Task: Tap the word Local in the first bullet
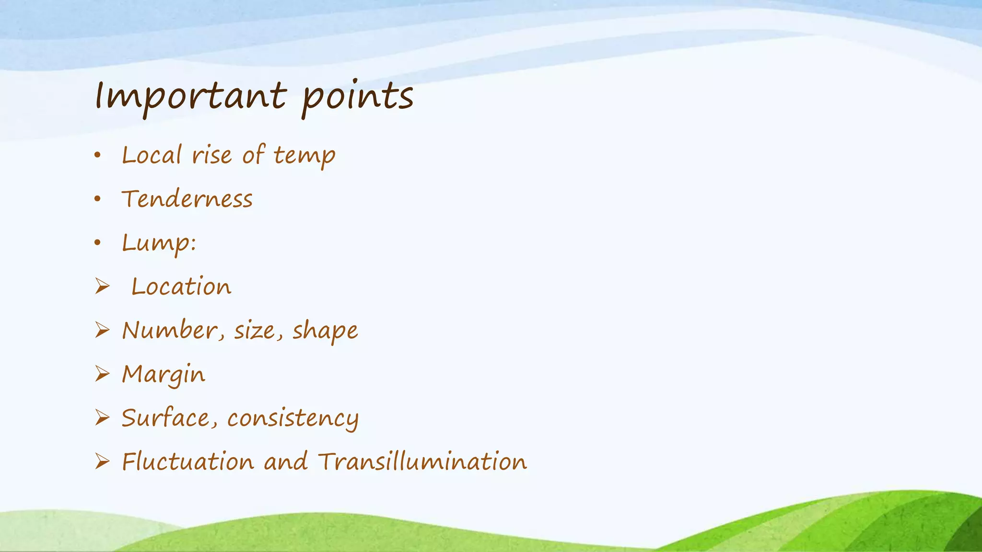coord(152,155)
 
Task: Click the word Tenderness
coord(187,199)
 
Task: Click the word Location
coord(181,287)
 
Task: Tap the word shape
coord(325,331)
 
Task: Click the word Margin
coord(164,375)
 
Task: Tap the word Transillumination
coord(422,462)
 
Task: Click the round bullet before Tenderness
coord(98,199)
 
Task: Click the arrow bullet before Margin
coord(102,374)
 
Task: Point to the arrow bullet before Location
coord(102,287)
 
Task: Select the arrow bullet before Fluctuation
coord(102,461)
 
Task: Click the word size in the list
coord(255,331)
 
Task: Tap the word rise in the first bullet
coord(211,156)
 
